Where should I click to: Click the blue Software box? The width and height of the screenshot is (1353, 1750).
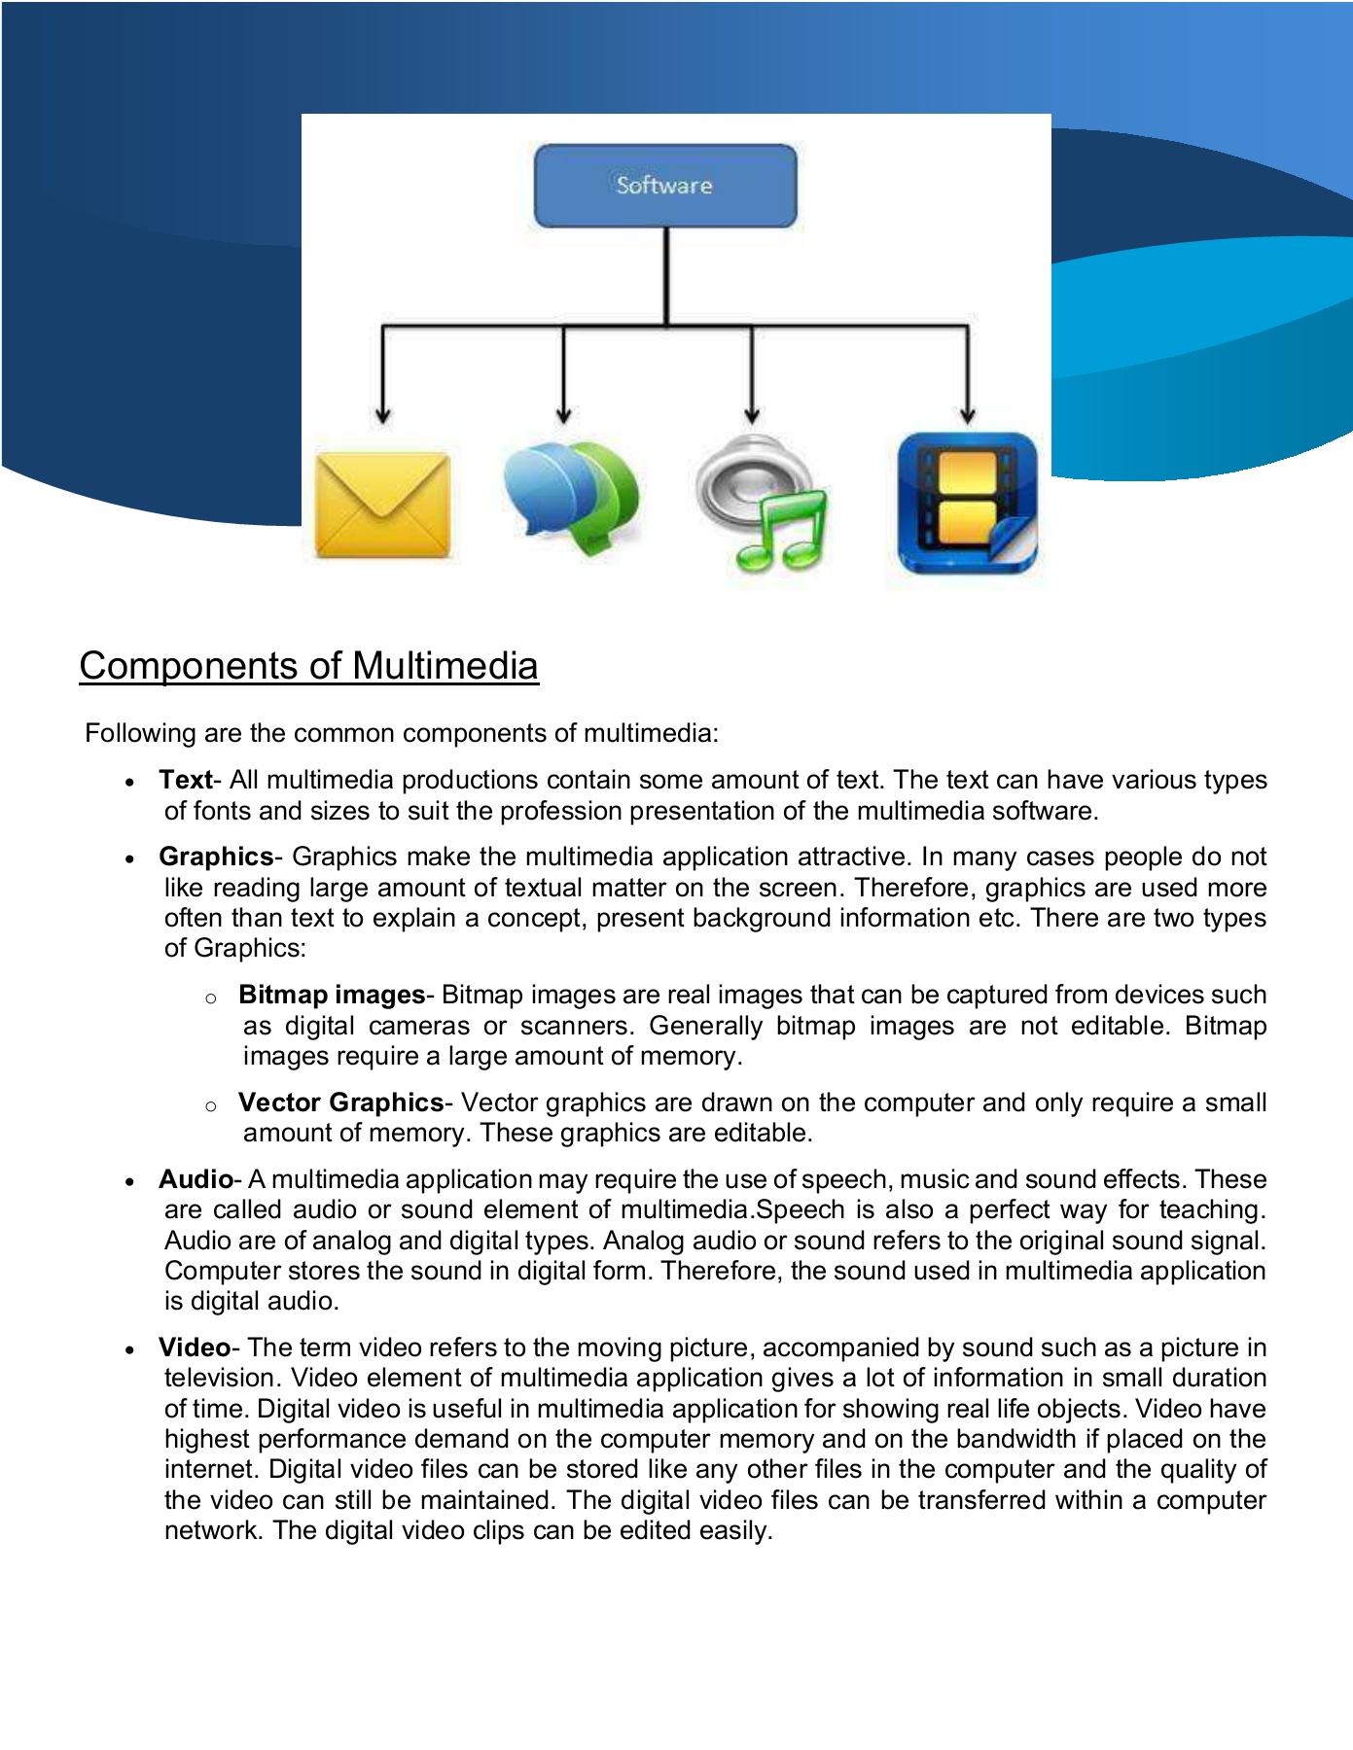click(665, 186)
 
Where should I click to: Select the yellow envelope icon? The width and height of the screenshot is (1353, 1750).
click(383, 504)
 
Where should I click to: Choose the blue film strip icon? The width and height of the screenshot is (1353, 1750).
click(967, 504)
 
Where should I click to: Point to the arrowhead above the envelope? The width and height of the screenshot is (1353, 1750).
click(383, 415)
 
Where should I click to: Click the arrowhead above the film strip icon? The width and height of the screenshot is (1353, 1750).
click(967, 415)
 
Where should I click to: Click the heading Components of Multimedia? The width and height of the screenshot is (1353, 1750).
click(308, 666)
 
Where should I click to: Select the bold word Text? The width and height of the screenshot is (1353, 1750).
click(185, 780)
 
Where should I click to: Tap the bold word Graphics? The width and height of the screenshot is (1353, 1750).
click(216, 857)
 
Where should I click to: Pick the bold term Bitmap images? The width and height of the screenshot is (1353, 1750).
click(332, 995)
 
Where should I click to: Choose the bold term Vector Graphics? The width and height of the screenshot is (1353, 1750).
click(340, 1102)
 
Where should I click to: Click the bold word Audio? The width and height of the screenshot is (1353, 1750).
click(196, 1179)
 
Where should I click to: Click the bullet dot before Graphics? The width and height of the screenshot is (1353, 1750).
click(129, 858)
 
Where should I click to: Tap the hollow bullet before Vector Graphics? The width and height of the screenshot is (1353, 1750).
click(211, 1105)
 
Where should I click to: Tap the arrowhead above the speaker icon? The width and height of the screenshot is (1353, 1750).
click(752, 415)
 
